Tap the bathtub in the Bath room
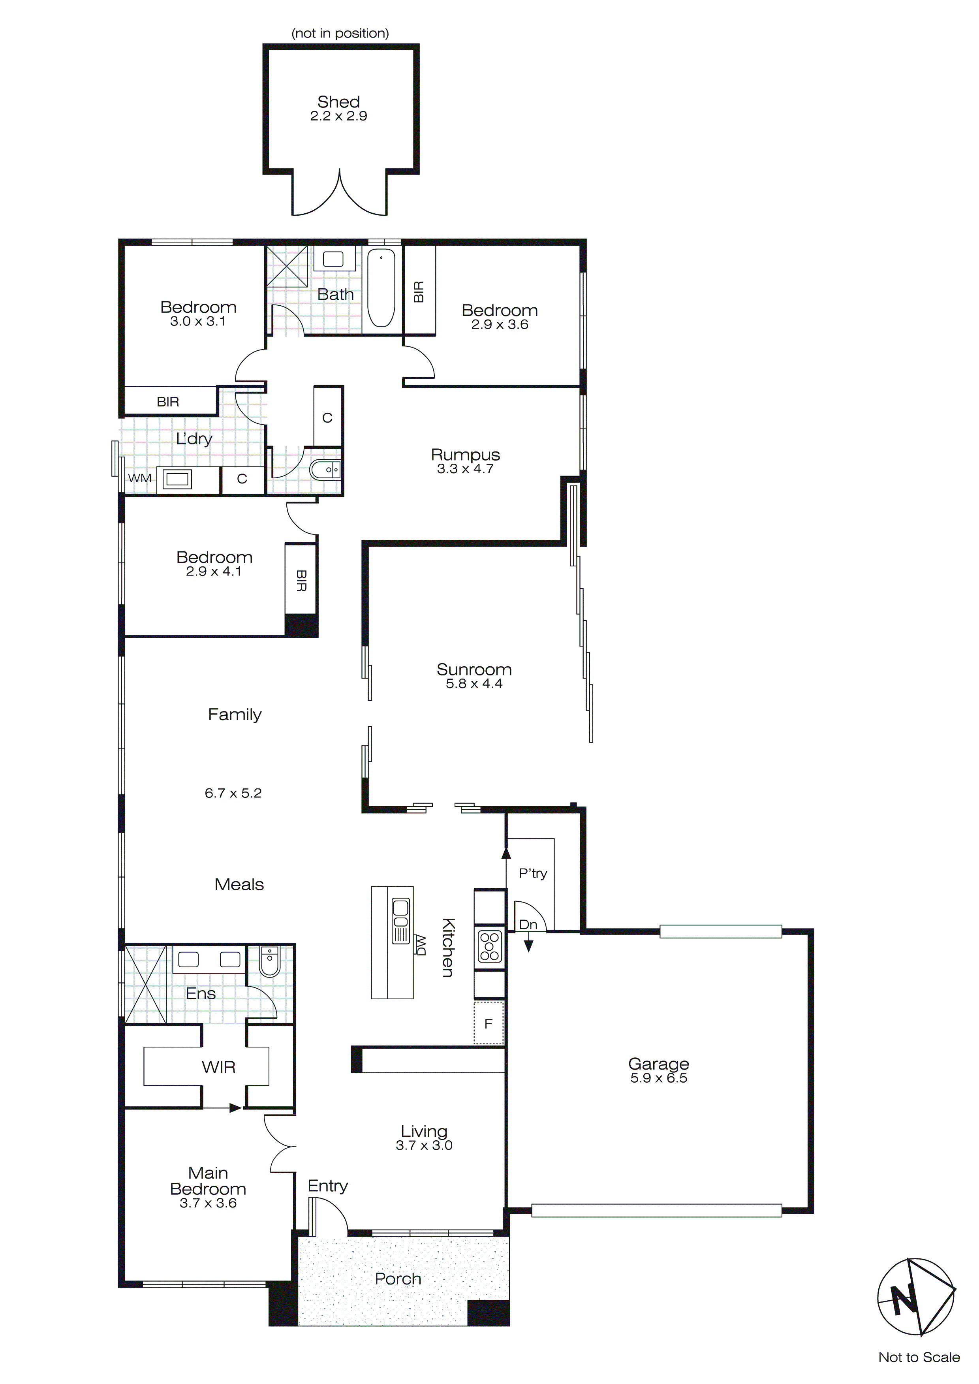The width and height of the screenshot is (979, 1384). (381, 288)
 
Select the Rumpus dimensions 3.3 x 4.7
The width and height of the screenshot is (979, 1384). (465, 469)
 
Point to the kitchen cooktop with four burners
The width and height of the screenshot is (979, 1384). (490, 946)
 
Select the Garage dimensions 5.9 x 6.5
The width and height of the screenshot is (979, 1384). (658, 1078)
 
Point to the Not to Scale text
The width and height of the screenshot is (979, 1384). (919, 1358)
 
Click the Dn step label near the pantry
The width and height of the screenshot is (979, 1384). (528, 925)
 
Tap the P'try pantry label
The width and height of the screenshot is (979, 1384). (533, 873)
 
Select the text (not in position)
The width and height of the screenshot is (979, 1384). (340, 33)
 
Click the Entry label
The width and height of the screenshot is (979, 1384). (327, 1186)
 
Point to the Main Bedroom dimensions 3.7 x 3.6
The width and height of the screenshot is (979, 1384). (208, 1203)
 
